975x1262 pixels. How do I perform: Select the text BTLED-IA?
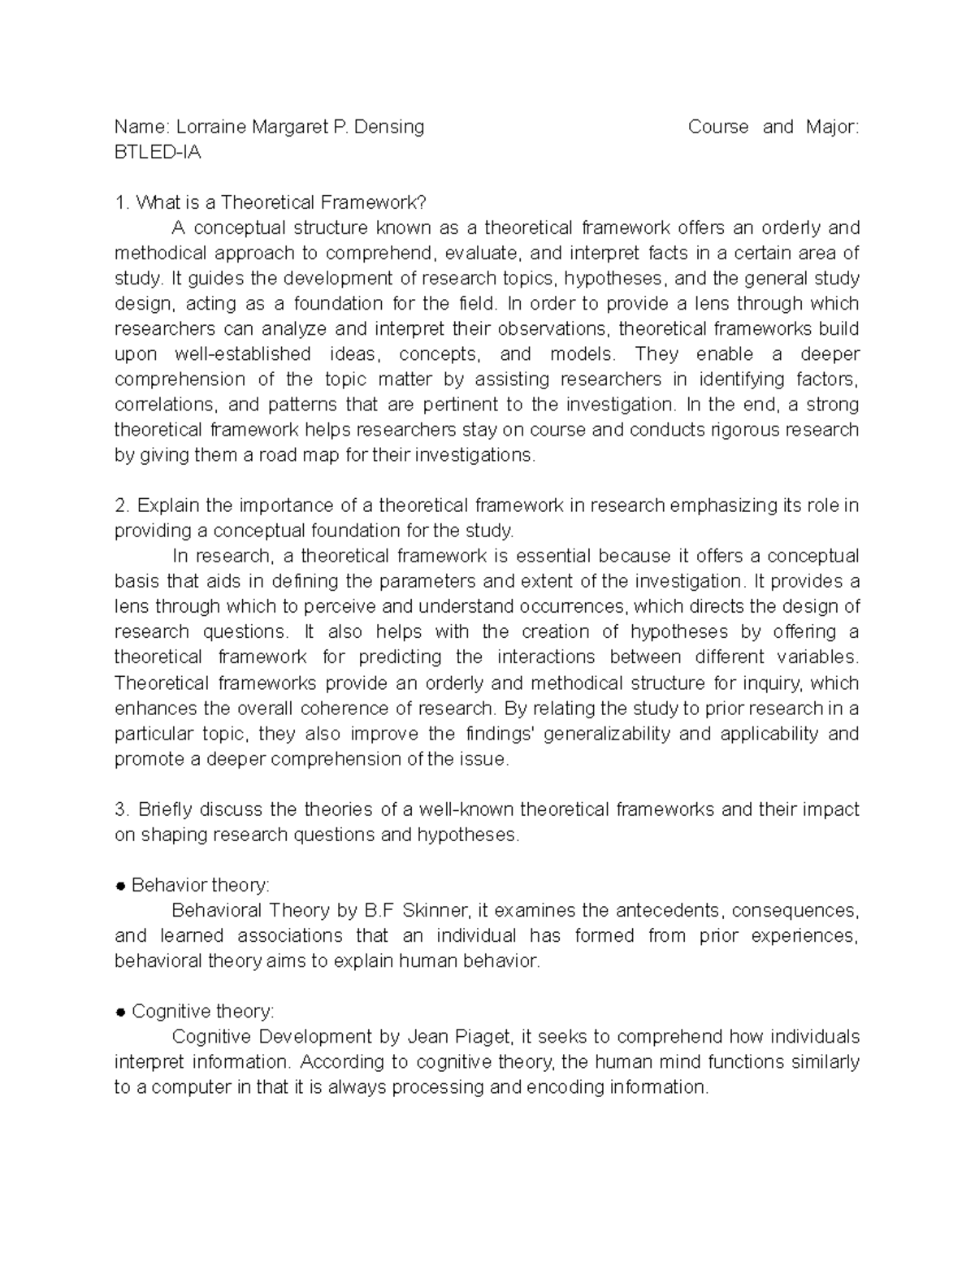click(x=158, y=152)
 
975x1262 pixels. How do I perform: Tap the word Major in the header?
click(x=830, y=127)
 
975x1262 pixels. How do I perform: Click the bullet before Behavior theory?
click(x=119, y=886)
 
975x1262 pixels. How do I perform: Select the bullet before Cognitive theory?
click(x=119, y=1013)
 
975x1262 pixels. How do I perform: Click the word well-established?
click(x=242, y=354)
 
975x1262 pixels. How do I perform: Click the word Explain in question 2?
click(x=168, y=505)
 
